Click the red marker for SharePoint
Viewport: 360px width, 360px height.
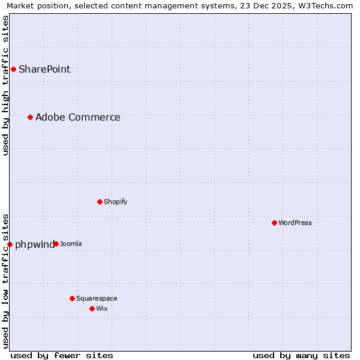(13, 69)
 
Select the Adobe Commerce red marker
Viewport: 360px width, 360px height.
(30, 117)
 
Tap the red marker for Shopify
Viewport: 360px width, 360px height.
(100, 202)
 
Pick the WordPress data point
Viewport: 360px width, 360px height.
(274, 223)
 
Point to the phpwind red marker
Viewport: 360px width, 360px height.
(10, 244)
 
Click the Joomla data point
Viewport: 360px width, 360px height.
(56, 244)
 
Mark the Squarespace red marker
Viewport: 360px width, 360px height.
(72, 298)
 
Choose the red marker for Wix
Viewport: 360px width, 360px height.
(92, 308)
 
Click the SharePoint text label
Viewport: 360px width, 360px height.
(44, 69)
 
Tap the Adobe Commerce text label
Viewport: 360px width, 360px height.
(78, 117)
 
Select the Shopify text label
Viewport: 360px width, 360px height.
(116, 202)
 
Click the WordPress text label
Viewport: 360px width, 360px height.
(295, 223)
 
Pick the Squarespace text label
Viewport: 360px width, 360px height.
(97, 298)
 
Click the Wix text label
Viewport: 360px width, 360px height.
(102, 308)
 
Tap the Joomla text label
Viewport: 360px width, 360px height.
(71, 244)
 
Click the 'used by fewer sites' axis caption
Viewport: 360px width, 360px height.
(62, 355)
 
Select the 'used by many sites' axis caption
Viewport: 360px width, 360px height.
(301, 355)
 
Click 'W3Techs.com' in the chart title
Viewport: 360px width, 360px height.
(326, 5)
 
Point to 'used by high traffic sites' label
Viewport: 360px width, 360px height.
(5, 85)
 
